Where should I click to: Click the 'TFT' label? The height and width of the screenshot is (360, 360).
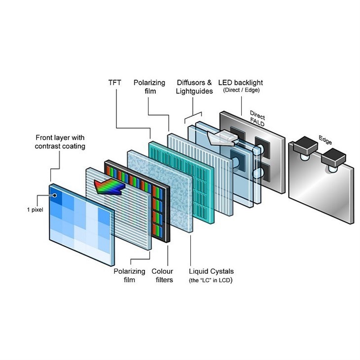tap(115, 82)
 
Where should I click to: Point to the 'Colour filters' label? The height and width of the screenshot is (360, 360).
tap(162, 276)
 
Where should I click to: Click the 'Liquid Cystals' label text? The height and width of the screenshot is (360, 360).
tap(211, 271)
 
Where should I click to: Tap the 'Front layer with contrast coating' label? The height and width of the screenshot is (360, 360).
tap(60, 142)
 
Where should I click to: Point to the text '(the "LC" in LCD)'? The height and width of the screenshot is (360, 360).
tap(211, 280)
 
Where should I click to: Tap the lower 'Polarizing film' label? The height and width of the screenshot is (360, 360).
tap(129, 276)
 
